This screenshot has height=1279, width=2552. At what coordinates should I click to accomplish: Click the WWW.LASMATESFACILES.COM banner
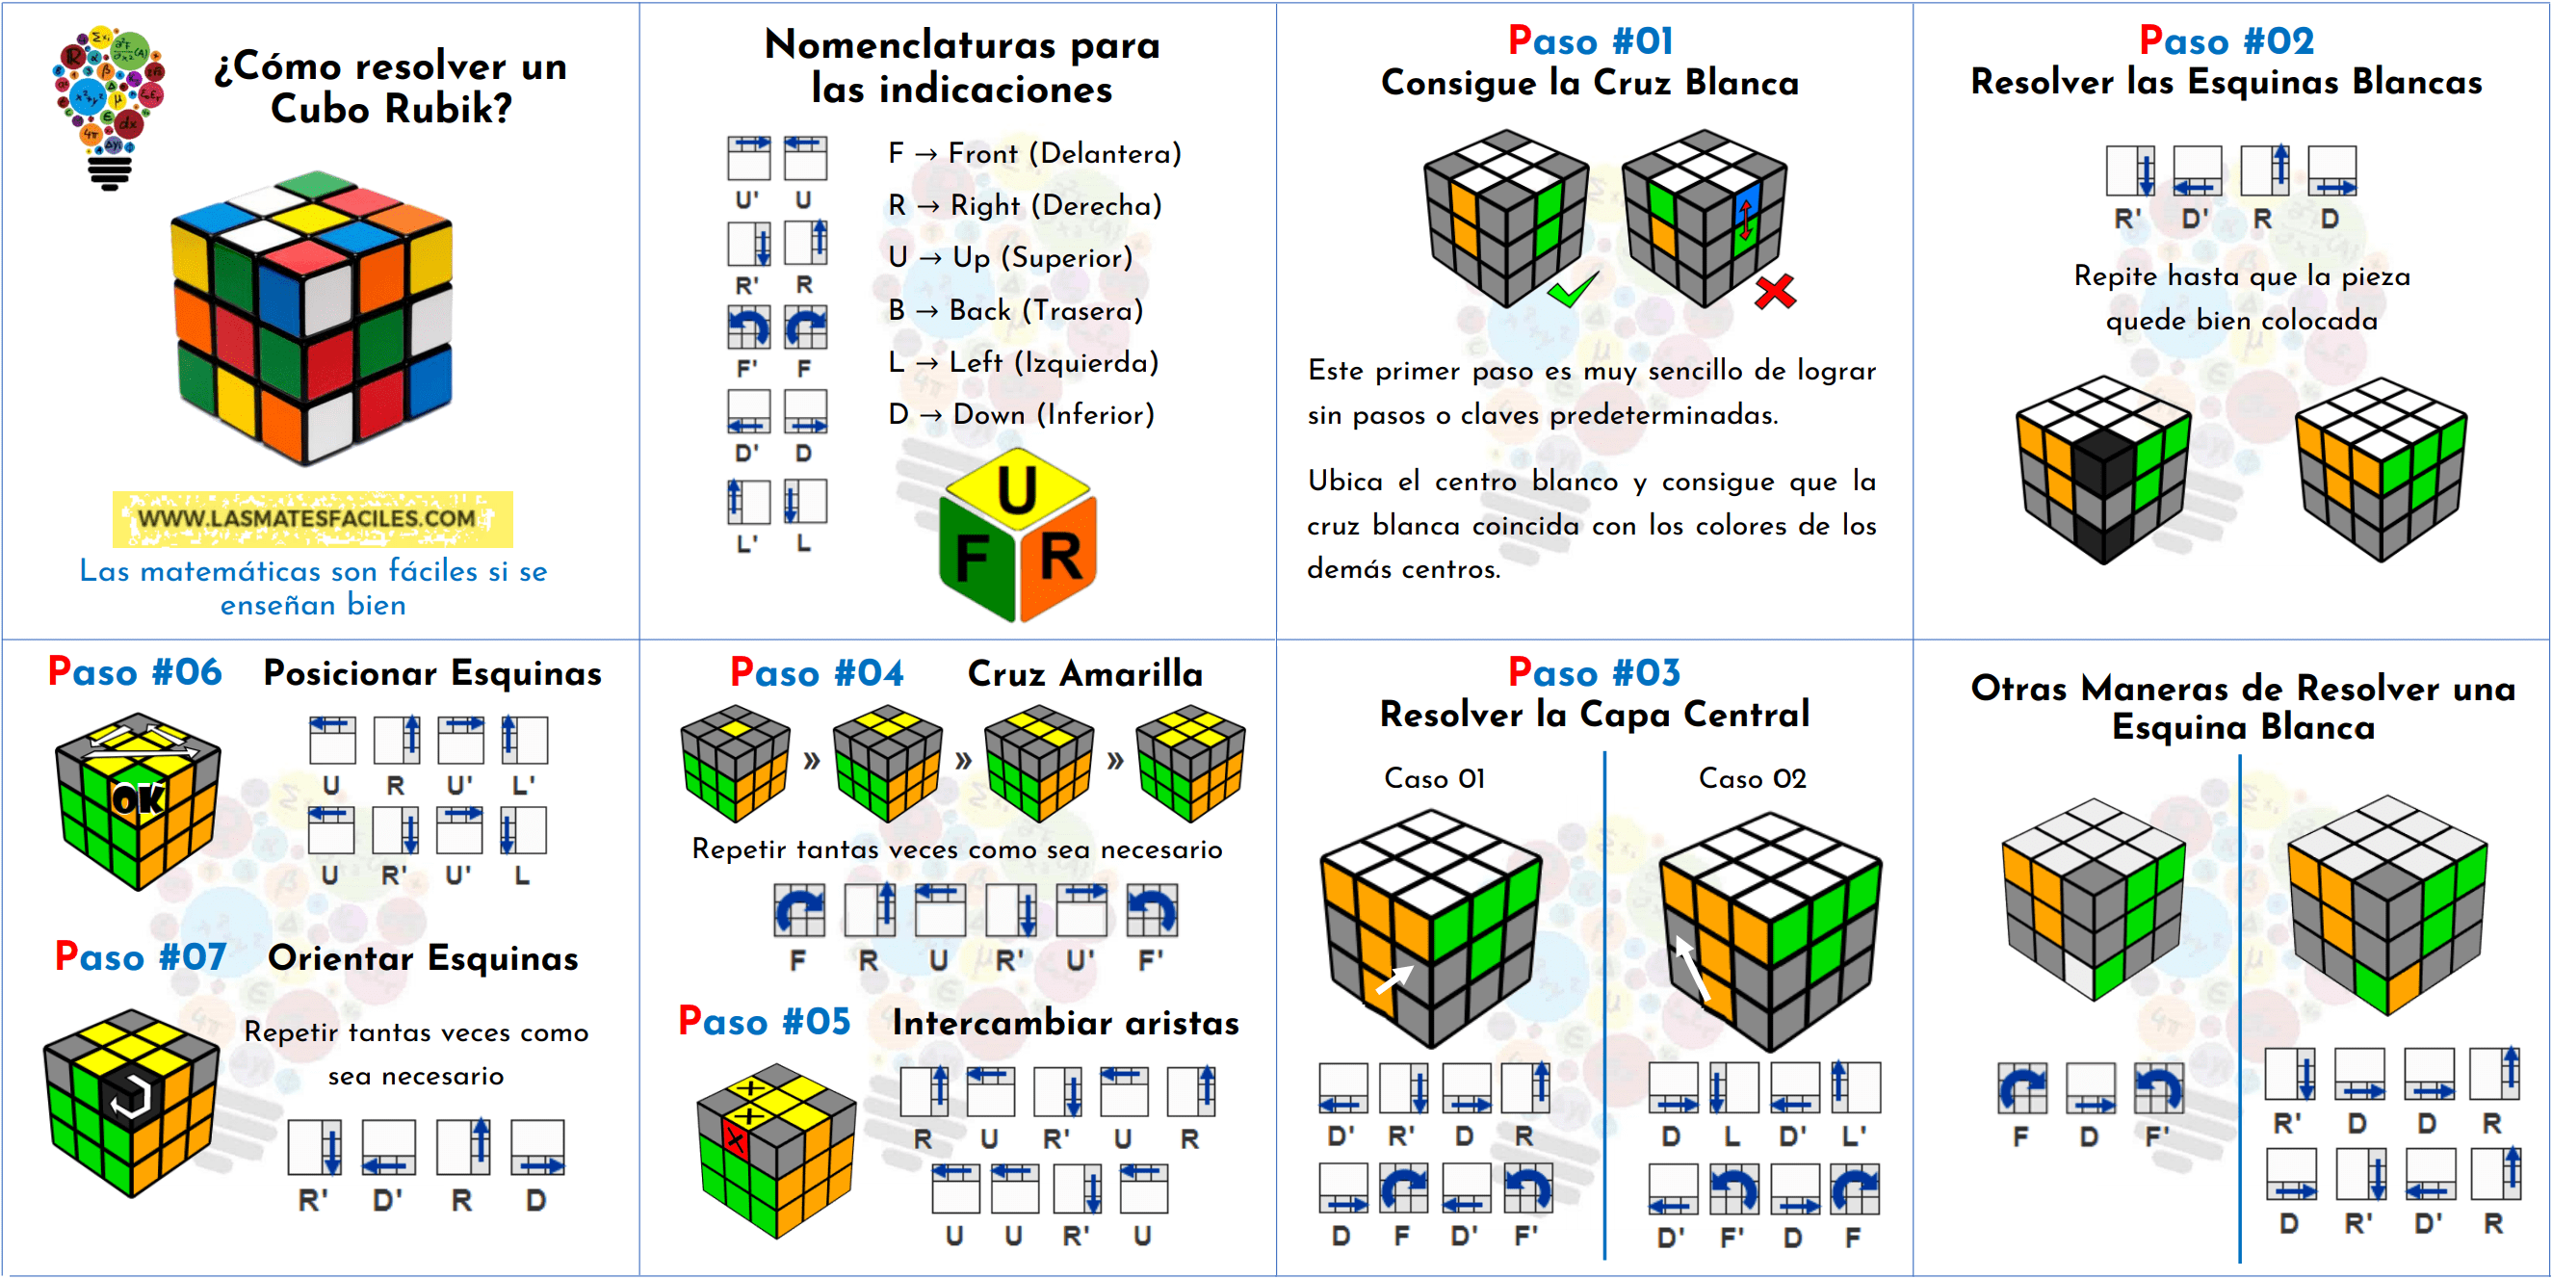[311, 519]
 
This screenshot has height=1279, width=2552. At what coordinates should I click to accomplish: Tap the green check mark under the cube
[1573, 290]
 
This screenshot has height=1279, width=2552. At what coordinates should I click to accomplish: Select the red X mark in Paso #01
[1774, 292]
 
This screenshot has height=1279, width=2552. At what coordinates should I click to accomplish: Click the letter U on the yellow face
[1018, 490]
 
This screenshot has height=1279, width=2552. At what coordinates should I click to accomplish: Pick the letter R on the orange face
[1061, 558]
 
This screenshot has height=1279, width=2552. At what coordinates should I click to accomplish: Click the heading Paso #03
[1593, 672]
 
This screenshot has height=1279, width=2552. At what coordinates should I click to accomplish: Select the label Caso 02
[1752, 779]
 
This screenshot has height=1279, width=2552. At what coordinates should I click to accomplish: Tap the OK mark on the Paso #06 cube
[138, 799]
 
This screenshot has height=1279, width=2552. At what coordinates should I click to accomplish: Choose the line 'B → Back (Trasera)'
[1015, 310]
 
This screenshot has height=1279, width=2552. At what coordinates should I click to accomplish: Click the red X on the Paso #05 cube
[735, 1139]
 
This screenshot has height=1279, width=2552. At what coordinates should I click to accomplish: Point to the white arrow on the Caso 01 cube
[1393, 979]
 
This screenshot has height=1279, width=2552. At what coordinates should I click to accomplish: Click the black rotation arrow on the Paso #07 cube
[130, 1097]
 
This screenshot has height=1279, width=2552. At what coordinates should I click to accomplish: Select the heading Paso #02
[2226, 40]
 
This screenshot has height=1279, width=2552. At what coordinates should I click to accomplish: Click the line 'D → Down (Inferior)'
[1022, 414]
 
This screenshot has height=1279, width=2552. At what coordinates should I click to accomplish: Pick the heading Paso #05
[764, 1022]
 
